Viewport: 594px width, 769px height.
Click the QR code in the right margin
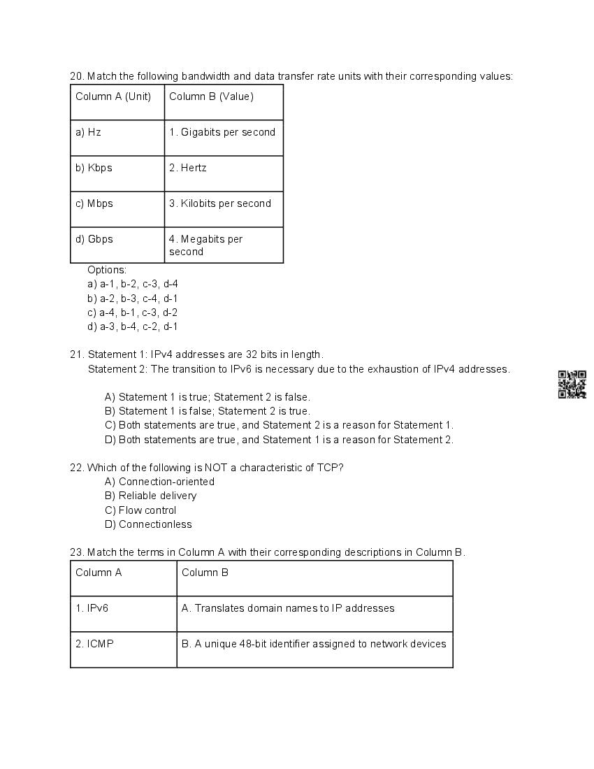572,384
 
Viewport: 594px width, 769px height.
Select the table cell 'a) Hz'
117,138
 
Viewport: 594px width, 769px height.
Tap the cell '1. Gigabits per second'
224,138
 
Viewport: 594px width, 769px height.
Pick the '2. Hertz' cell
224,173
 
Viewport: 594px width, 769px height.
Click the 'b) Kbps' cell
117,173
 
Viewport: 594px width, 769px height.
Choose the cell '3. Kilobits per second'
224,209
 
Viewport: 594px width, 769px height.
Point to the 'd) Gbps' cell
117,245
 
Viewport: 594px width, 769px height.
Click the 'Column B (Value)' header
224,102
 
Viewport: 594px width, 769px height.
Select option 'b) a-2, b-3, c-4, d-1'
133,299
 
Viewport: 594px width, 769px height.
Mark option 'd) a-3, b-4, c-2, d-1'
133,326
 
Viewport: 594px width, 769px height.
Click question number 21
76,354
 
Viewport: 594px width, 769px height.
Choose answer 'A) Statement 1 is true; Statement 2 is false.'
207,397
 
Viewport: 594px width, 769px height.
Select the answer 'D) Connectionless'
148,524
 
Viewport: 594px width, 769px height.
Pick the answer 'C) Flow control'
140,510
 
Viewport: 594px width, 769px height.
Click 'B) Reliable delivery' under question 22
150,496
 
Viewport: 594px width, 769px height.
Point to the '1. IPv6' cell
123,614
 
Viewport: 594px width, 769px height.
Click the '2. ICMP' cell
123,649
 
